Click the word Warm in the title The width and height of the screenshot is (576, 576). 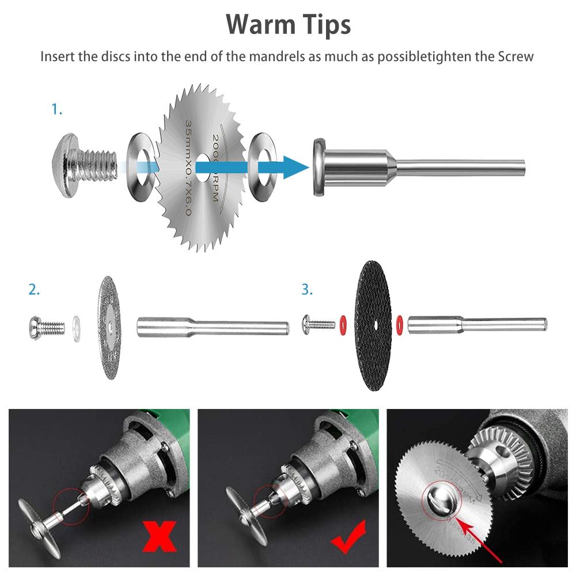[255, 24]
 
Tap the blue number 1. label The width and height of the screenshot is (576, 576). [56, 109]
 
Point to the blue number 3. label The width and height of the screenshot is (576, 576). [307, 290]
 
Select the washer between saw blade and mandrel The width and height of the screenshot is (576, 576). [262, 168]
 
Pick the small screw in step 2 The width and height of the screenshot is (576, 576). [45, 327]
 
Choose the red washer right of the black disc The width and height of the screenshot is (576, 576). [399, 325]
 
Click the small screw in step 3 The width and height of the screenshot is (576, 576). [317, 324]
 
